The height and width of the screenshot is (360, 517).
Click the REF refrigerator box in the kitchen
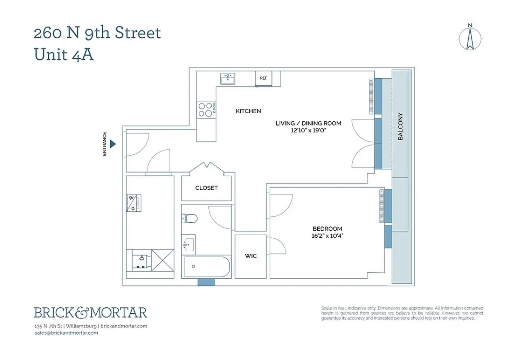pos(263,78)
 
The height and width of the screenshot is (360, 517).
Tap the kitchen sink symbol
pos(228,78)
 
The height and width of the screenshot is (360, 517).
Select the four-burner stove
pos(206,109)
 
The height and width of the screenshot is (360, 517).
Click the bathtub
pos(206,267)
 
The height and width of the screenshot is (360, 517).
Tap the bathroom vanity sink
pos(188,245)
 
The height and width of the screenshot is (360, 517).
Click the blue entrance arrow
pos(113,144)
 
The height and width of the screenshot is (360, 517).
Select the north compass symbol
pos(470,38)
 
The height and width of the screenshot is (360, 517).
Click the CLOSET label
pos(206,188)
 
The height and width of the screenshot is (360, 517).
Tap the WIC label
pos(251,256)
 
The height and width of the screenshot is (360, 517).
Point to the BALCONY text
pos(400,126)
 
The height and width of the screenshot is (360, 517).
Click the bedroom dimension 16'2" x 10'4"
pos(328,235)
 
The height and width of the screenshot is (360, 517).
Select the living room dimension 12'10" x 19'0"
pos(308,130)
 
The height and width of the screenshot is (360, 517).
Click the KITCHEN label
pos(248,111)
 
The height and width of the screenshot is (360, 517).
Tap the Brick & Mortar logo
pos(90,312)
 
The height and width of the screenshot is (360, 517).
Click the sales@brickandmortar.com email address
pos(66,333)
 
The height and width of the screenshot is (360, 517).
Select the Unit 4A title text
pos(63,55)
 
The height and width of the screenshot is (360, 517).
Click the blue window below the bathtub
pos(206,282)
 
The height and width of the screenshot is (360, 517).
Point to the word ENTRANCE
pos(105,144)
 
